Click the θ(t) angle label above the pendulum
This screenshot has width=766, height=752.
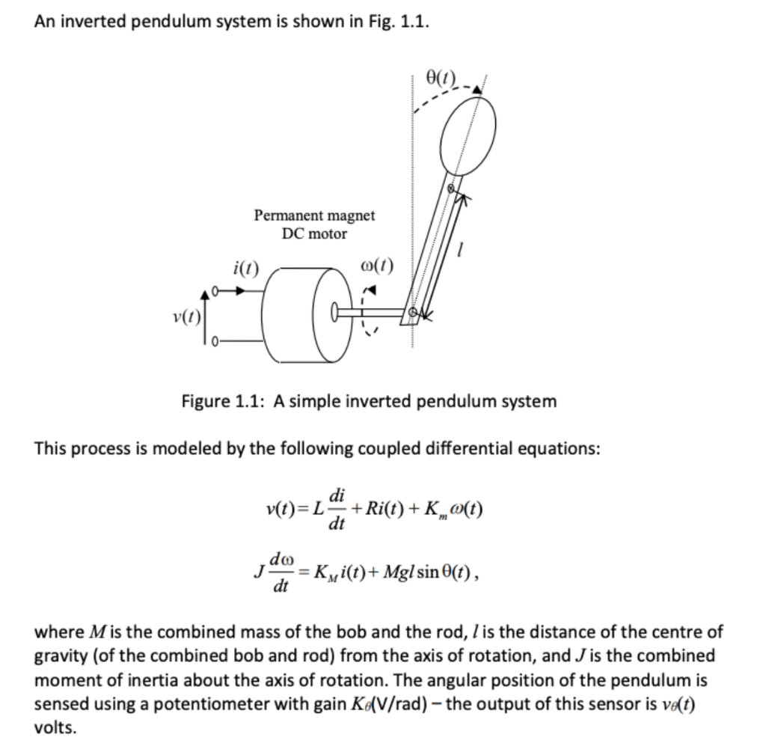[x=441, y=76]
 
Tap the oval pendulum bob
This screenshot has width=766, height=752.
[x=468, y=135]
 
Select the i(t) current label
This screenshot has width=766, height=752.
[x=246, y=266]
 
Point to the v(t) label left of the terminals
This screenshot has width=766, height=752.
[x=186, y=317]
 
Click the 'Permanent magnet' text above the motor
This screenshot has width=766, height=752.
[x=314, y=215]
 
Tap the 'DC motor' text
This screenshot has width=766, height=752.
[x=314, y=233]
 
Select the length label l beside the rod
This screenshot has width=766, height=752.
[x=464, y=255]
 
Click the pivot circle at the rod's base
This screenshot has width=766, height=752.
[x=411, y=312]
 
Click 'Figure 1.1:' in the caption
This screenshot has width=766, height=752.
[x=224, y=401]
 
